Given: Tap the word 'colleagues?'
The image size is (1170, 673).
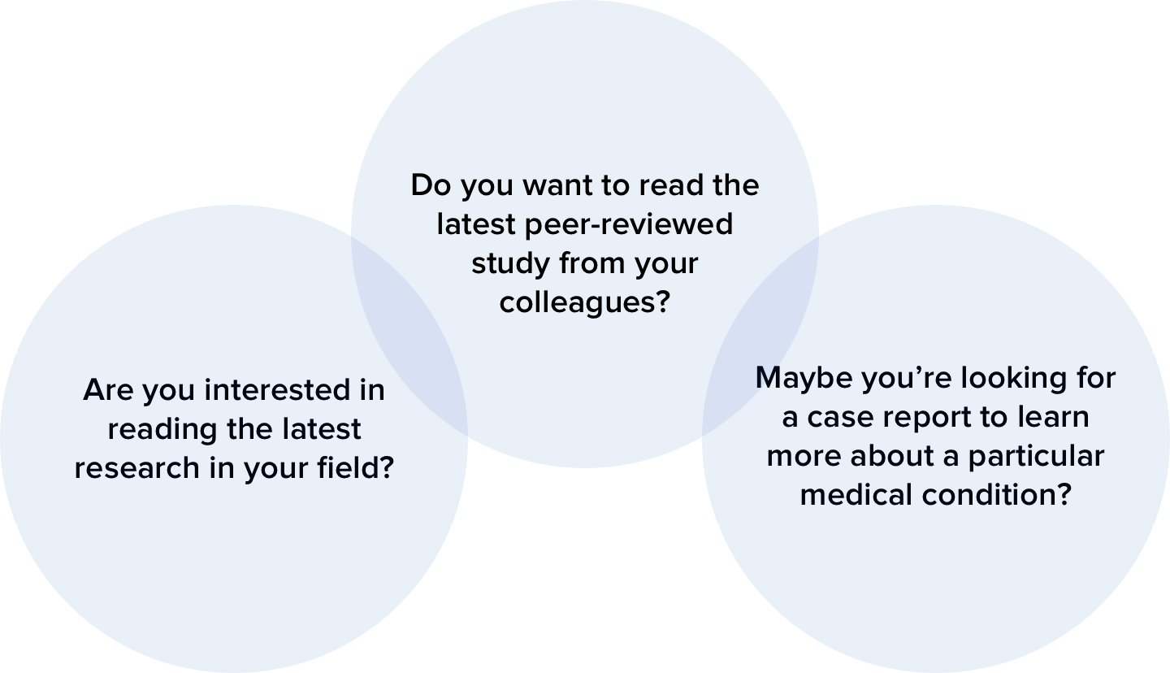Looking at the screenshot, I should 584,302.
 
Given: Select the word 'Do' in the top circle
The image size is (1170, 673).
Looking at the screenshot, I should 430,185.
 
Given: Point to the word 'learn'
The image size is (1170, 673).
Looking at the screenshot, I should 1053,417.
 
